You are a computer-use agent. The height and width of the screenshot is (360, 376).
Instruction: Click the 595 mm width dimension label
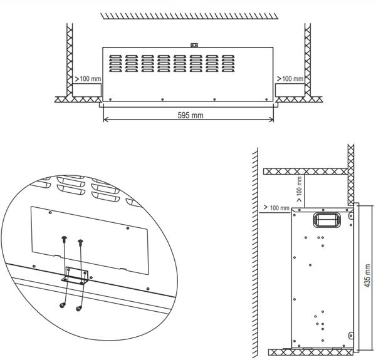click(191, 115)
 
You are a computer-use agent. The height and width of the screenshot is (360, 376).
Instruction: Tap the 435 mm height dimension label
click(367, 275)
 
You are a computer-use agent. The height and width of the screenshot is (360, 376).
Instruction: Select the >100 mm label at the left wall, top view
click(88, 78)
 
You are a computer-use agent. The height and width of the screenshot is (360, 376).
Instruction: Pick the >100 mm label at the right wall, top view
click(290, 78)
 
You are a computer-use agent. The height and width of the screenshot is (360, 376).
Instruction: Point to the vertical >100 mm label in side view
click(300, 189)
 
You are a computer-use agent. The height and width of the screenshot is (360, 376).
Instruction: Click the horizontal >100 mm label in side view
click(276, 208)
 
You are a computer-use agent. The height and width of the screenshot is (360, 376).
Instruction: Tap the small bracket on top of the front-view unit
click(194, 45)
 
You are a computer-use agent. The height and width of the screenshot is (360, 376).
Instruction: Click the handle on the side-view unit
click(326, 220)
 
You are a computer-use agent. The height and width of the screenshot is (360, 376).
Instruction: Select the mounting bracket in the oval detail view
click(75, 275)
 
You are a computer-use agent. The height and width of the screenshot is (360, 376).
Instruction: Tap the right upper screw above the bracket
click(81, 242)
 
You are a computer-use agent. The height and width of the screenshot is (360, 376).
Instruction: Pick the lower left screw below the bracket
click(63, 305)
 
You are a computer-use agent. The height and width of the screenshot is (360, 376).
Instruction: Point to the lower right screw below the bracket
click(79, 308)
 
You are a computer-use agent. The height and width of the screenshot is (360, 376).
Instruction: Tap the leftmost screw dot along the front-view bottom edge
click(110, 100)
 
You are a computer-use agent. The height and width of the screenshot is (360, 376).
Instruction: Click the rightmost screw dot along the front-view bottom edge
click(266, 100)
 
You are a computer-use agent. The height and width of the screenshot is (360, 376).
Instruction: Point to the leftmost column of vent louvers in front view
click(115, 63)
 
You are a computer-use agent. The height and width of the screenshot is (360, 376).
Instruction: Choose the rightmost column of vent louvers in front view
click(228, 63)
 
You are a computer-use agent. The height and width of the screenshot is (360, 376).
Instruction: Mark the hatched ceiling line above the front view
click(189, 16)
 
